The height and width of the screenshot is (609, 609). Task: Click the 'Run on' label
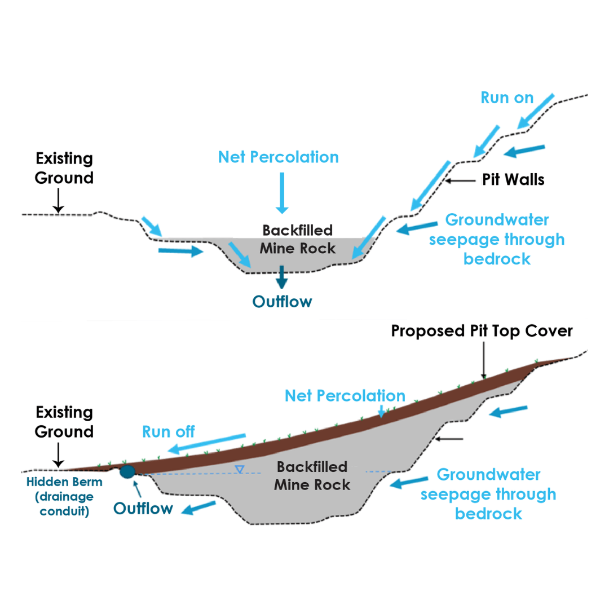pos(506,97)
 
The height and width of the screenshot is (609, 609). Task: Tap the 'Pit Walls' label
pos(513,180)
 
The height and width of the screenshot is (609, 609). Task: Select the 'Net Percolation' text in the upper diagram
pos(279,157)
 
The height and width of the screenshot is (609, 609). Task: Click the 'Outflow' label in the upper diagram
pos(282,302)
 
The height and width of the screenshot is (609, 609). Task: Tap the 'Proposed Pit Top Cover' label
pos(482,330)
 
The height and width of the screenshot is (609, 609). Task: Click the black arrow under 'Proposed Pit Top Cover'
pos(483,361)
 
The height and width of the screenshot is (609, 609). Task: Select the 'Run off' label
pos(168,432)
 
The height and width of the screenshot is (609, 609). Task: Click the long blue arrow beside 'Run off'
pos(209,443)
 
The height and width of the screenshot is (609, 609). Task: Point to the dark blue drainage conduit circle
pos(127,471)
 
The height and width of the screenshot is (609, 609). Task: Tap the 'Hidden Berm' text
pos(65,482)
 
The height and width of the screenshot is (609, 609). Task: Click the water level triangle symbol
pos(240,469)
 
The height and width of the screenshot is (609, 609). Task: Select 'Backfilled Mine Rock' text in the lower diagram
pos(314,475)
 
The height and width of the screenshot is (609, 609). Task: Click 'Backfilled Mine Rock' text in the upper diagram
pos(297,239)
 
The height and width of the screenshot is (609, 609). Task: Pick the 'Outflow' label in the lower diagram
pos(143,508)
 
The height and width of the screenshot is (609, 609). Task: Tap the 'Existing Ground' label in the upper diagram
pos(64,169)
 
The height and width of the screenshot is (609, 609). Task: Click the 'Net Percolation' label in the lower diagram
pos(345,395)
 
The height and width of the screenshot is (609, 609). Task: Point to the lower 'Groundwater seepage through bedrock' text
pos(488,494)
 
